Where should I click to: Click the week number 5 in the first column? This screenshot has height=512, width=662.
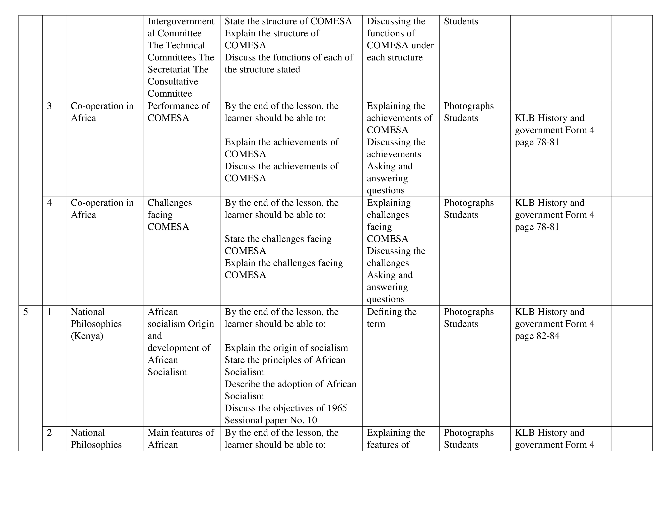(x=26, y=312)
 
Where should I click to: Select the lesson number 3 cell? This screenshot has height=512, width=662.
(x=49, y=106)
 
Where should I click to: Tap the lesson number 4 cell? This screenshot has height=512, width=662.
(x=49, y=203)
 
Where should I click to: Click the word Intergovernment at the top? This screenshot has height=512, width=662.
(x=181, y=21)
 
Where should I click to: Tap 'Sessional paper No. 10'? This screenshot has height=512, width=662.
(x=271, y=420)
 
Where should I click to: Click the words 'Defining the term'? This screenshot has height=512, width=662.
(x=391, y=318)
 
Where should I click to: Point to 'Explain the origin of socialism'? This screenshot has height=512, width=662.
(x=286, y=348)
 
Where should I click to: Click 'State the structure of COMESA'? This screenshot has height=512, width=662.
(x=288, y=21)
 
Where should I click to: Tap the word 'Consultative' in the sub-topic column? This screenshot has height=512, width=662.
(x=173, y=82)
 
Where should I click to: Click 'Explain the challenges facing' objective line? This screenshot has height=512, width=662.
(x=283, y=263)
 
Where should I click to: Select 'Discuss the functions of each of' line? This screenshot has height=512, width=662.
(x=288, y=58)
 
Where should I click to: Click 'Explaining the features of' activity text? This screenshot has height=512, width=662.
(x=396, y=439)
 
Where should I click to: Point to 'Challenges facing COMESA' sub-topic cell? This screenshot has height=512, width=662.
(x=170, y=215)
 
